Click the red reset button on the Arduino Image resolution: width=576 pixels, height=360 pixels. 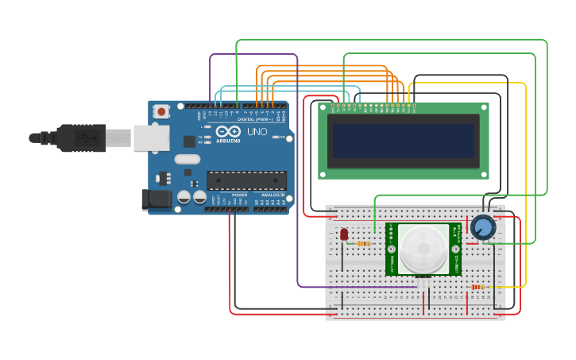[162, 112]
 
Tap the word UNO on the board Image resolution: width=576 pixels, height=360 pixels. [257, 131]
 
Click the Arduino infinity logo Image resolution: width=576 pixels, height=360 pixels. [227, 131]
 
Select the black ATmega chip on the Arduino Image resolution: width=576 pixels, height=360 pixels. [246, 181]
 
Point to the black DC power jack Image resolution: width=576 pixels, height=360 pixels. [155, 200]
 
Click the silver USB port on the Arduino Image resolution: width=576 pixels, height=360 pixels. [150, 137]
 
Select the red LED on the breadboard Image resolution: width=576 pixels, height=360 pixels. [344, 234]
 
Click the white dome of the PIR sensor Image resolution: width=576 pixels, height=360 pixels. [423, 249]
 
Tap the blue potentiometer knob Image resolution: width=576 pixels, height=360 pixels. [482, 227]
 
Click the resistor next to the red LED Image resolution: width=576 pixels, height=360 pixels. [363, 243]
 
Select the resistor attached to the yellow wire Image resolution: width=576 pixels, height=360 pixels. [478, 287]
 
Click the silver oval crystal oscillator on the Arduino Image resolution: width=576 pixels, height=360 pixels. [187, 159]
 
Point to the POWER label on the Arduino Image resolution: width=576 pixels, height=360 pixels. [239, 195]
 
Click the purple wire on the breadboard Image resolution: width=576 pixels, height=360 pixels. [358, 286]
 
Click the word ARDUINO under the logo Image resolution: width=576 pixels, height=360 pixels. [227, 141]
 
